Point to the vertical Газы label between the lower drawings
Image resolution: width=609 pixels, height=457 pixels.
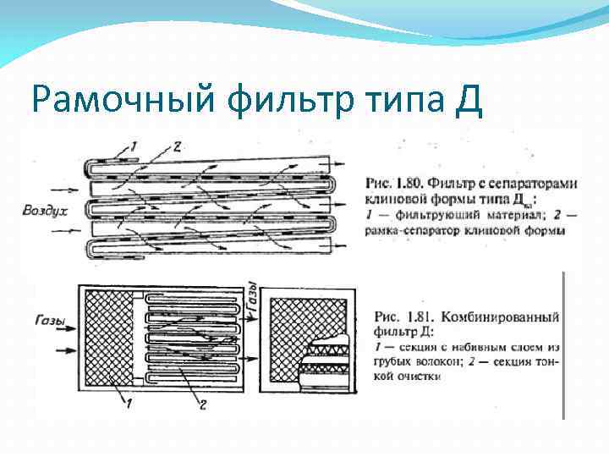251,298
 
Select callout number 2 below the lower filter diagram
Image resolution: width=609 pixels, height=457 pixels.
202,405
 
